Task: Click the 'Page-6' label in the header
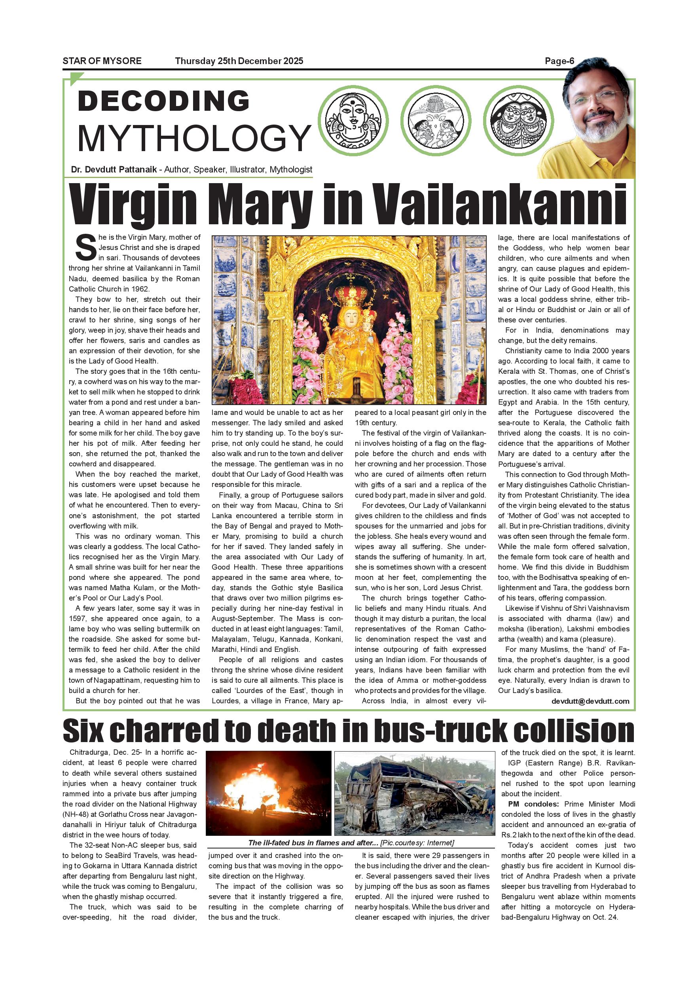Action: pos(559,61)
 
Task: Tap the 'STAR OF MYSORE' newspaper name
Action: pos(102,61)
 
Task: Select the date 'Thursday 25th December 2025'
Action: pos(239,61)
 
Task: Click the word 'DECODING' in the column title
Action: pos(164,101)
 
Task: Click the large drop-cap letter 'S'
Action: pos(85,248)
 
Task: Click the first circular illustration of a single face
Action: pos(356,121)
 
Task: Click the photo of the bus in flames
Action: pos(268,793)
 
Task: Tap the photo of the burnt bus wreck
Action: pos(413,793)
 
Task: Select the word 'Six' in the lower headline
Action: pos(83,731)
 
